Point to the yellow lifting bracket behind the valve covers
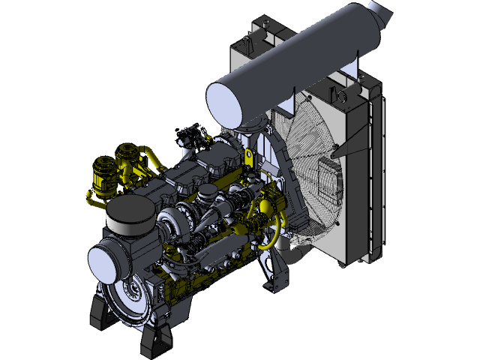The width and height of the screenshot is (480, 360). [247, 157]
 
